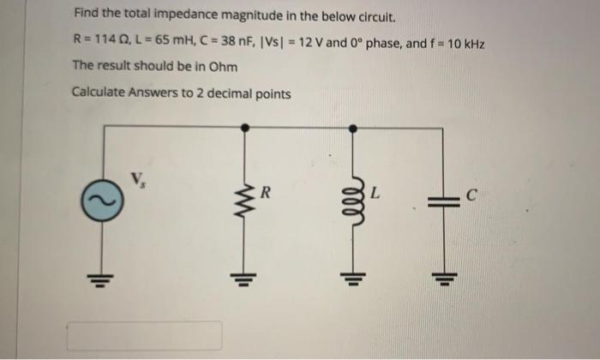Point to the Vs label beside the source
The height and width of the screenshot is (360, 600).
[137, 179]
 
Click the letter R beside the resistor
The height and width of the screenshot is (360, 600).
[267, 194]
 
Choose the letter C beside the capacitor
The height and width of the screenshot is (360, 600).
[471, 194]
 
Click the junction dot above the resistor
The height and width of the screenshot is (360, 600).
[243, 127]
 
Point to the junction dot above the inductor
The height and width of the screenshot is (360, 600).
[351, 127]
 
